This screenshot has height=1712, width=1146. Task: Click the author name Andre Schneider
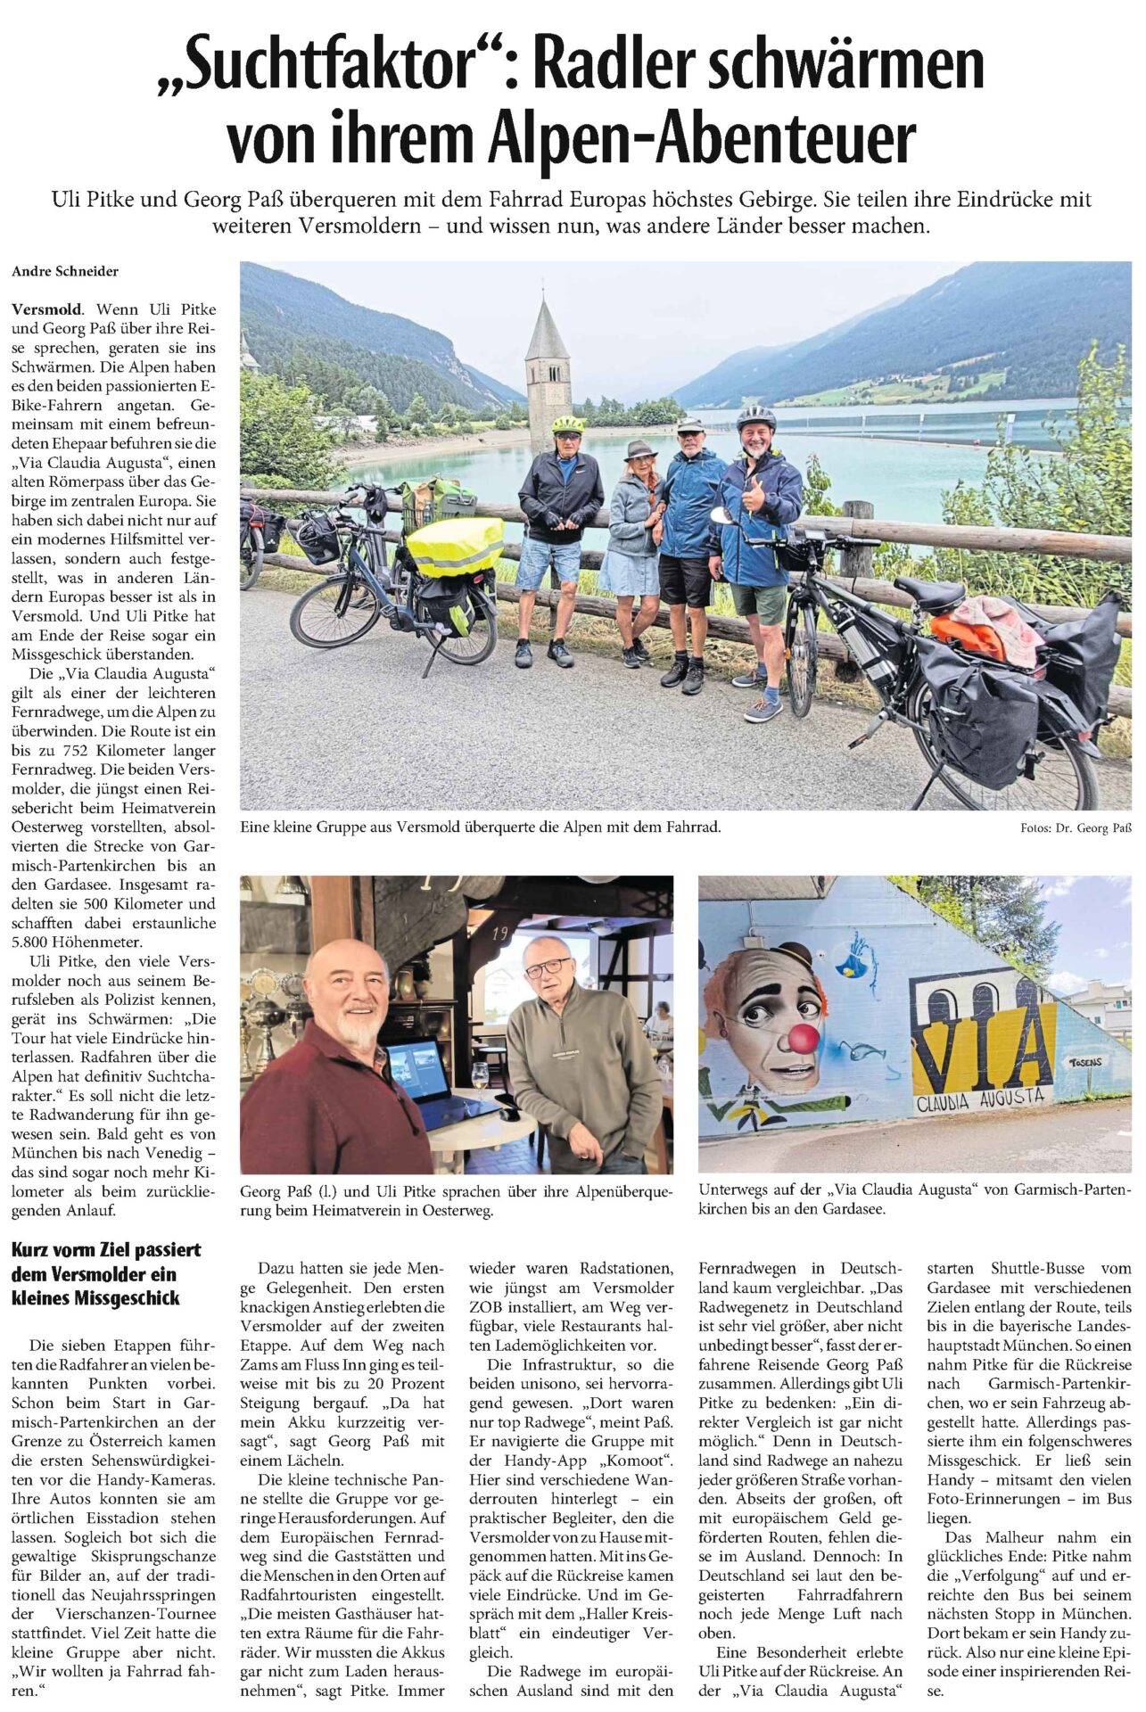(65, 271)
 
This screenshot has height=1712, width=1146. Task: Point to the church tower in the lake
(548, 360)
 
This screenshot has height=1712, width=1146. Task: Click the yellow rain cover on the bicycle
(454, 546)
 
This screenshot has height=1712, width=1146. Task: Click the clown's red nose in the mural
(804, 1037)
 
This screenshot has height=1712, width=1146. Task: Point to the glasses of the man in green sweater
(547, 968)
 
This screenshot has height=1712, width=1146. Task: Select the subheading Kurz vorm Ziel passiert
(106, 1249)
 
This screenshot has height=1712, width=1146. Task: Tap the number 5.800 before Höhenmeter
(33, 942)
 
